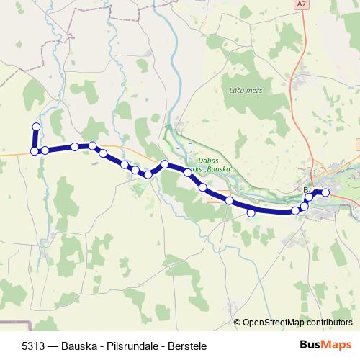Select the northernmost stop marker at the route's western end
[36, 127]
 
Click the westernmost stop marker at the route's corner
[34, 151]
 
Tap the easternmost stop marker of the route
[325, 192]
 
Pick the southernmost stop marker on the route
[251, 212]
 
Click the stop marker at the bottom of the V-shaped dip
[148, 174]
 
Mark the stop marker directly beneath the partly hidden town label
[309, 197]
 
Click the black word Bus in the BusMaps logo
[310, 346]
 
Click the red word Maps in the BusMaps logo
[336, 346]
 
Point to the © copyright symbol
[238, 323]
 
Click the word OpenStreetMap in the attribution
[272, 323]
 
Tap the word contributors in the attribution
[328, 323]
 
